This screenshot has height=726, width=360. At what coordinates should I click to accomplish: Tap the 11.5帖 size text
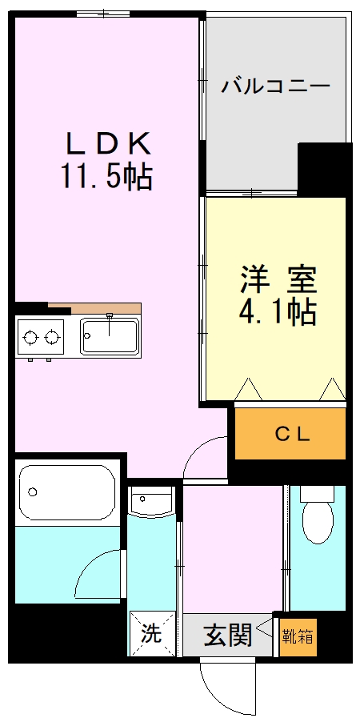point(106,176)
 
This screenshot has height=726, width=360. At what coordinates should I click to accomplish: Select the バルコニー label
point(275,86)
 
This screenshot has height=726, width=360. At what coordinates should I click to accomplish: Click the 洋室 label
point(278,280)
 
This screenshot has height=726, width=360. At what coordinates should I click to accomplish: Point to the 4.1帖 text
point(278,312)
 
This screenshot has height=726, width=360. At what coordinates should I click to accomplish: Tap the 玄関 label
point(228,636)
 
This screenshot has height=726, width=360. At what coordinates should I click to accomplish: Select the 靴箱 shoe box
point(297,637)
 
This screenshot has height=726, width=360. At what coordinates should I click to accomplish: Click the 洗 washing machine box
point(152,634)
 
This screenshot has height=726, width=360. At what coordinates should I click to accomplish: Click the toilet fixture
point(318,520)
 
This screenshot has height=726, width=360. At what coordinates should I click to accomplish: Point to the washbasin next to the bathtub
point(151,502)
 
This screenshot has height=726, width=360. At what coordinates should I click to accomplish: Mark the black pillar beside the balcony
point(324,168)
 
